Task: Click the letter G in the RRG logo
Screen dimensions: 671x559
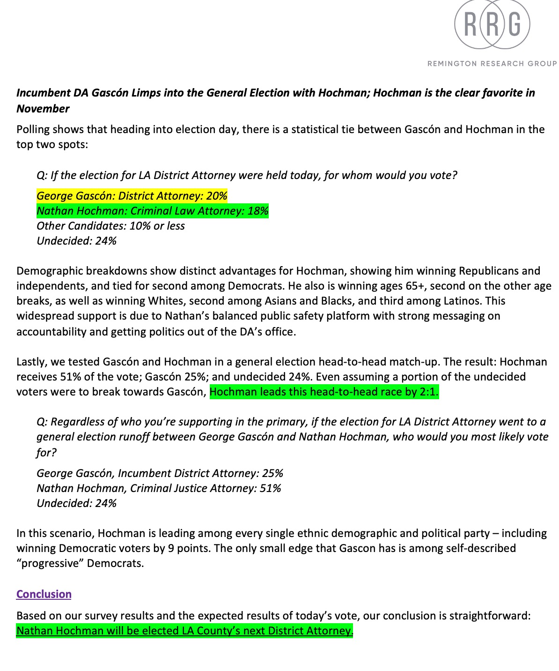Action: tap(514, 24)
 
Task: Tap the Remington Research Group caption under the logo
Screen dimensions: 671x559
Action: tap(492, 63)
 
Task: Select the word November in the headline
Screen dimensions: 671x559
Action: tap(43, 109)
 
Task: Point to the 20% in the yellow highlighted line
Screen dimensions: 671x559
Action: tap(217, 196)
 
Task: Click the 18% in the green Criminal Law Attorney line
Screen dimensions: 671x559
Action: tap(258, 211)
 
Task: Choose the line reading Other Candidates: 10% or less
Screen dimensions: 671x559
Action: tap(111, 226)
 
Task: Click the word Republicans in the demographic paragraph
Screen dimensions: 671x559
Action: tap(489, 271)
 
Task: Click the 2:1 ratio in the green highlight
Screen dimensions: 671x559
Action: tap(428, 392)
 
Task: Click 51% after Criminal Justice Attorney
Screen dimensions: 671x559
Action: tap(270, 488)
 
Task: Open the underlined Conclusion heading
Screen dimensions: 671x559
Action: tap(44, 594)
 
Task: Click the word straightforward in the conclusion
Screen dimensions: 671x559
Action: tap(490, 616)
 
